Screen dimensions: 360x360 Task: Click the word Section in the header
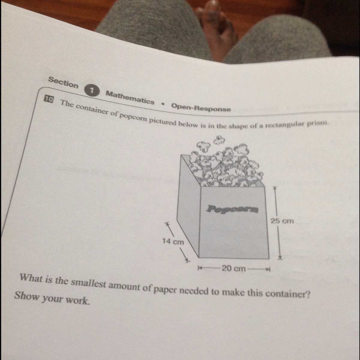point(63,82)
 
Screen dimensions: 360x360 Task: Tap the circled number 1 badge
point(92,90)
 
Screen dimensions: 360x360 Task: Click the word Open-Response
point(201,107)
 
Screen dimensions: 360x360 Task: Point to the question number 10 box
point(48,99)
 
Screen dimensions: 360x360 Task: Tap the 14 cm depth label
point(173,241)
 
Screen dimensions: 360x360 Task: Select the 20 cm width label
point(233,268)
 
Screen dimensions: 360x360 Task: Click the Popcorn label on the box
point(233,209)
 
